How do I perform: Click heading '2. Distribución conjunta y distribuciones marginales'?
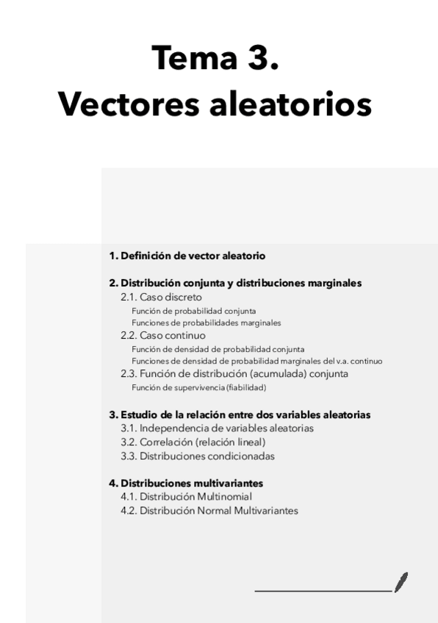click(x=235, y=283)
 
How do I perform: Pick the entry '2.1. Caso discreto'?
click(x=161, y=297)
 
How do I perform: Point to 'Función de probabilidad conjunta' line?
click(x=193, y=311)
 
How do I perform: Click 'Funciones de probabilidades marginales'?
click(x=206, y=322)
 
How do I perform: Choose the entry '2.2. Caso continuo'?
click(x=163, y=336)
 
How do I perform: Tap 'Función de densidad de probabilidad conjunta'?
click(x=218, y=349)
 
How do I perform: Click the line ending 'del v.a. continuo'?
click(x=256, y=361)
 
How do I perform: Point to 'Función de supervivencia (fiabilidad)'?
click(x=198, y=387)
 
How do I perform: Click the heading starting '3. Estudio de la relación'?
click(x=240, y=414)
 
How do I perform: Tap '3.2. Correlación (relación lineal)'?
click(x=193, y=442)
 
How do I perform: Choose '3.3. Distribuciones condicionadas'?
click(x=197, y=455)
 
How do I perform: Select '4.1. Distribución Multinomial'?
click(x=186, y=497)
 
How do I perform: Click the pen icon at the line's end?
click(x=401, y=582)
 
